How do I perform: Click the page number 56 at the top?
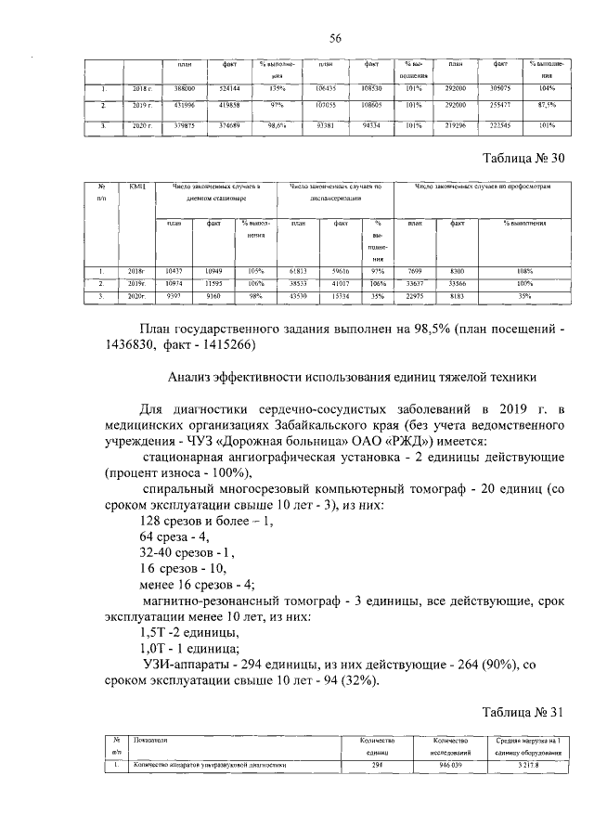[x=335, y=37]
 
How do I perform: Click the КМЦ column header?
[x=139, y=187]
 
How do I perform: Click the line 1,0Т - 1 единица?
[x=187, y=649]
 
